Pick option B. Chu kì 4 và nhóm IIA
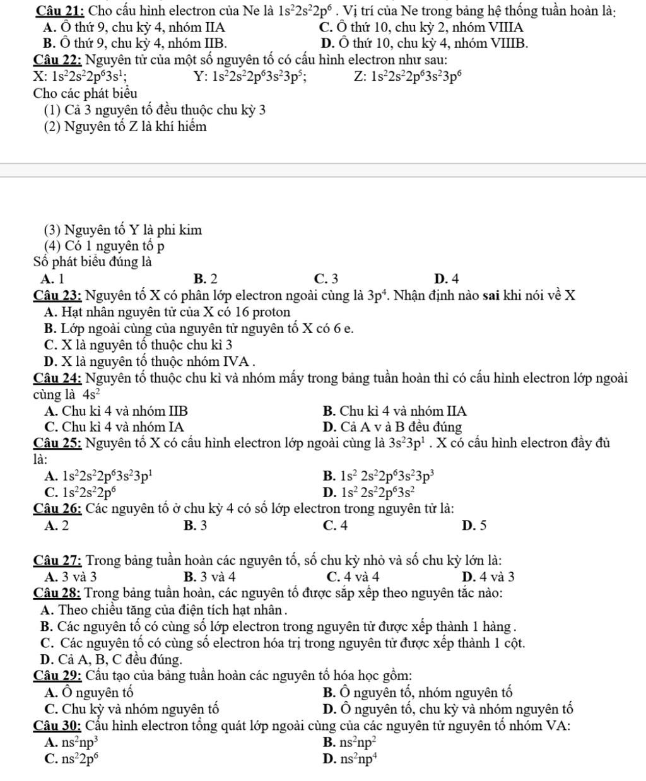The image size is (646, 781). pos(394,411)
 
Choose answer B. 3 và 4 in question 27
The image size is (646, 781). pos(209,576)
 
